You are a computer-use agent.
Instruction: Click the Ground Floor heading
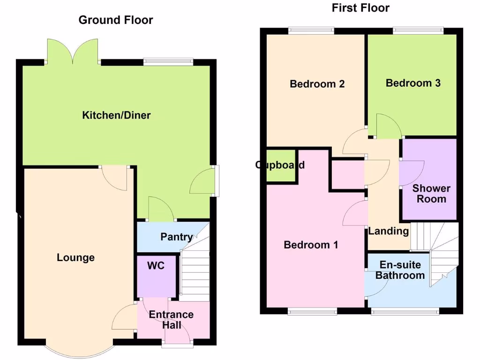coord(115,20)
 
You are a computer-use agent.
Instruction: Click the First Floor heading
coord(360,8)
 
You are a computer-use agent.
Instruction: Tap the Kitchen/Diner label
coord(116,115)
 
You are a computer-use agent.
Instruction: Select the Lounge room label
coord(75,257)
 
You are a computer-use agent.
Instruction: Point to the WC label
coord(156,266)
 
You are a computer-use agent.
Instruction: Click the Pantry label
coord(176,237)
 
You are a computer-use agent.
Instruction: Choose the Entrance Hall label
coord(171,319)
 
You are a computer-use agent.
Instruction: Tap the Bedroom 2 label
coord(317,84)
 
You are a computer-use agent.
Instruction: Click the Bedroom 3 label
coord(413,83)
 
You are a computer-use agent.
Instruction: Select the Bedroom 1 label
coord(311,245)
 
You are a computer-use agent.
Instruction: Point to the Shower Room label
coord(431,193)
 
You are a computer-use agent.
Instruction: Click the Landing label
coord(389,231)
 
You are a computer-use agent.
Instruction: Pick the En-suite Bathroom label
coord(400,270)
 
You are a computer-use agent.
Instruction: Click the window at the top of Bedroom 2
coord(311,31)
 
